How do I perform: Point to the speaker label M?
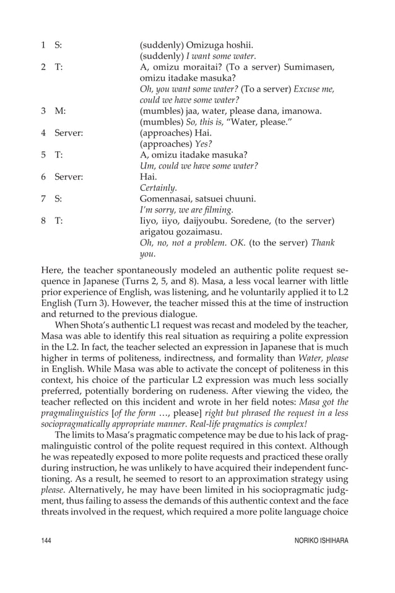(x=60, y=111)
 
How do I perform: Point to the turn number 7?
(x=43, y=199)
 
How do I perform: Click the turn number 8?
(x=43, y=221)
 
